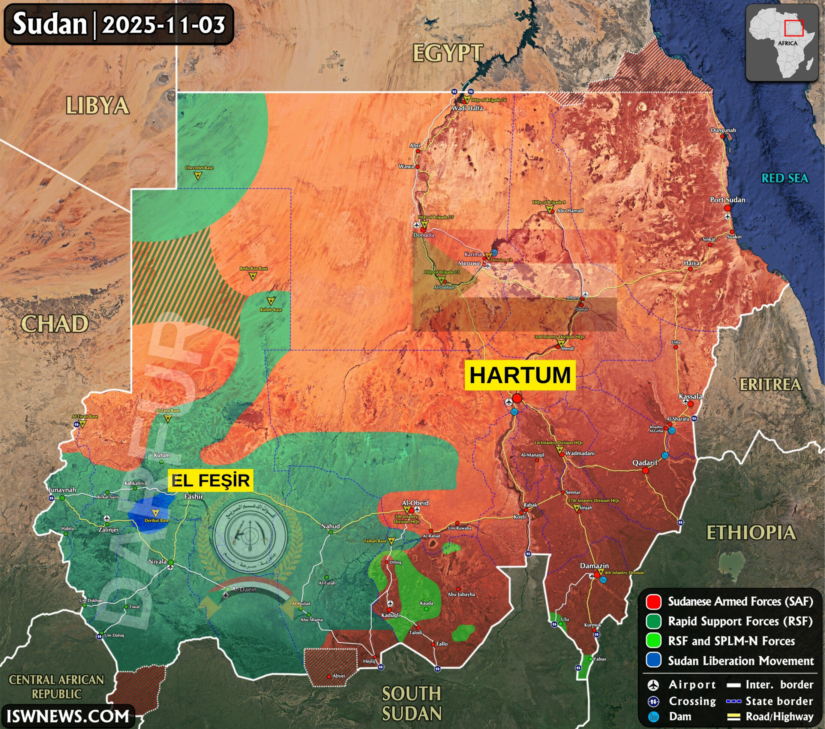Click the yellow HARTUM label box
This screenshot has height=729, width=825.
point(520,375)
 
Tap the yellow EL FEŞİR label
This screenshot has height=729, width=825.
point(210,481)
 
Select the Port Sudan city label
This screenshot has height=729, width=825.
point(727,200)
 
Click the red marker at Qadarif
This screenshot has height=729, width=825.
point(645,470)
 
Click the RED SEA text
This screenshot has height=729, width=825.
point(784,178)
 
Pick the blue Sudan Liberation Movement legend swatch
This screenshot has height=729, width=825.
point(654,660)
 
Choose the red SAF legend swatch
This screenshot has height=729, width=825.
point(654,602)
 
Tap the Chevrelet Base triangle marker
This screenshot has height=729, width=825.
point(198,175)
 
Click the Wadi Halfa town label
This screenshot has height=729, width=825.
point(467,108)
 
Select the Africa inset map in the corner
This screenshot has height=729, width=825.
point(781,42)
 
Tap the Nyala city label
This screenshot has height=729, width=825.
point(157,561)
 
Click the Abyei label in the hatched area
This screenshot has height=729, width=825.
point(339,676)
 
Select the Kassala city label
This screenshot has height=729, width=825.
point(690,397)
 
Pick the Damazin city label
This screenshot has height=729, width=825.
point(594,566)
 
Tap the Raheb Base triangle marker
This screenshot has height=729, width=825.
point(271,301)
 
